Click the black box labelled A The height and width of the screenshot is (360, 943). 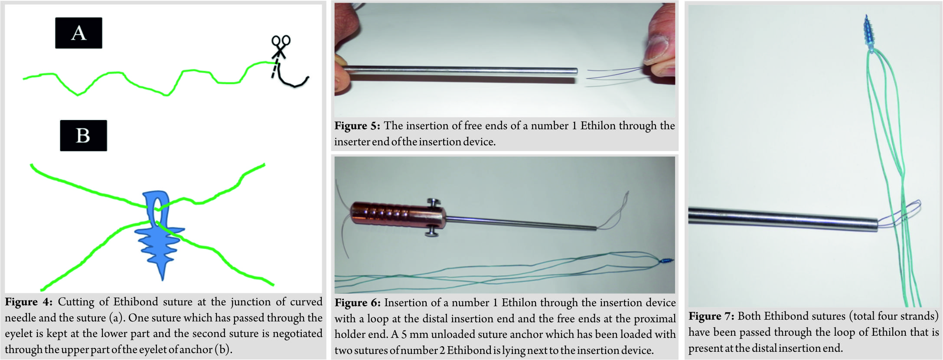pyautogui.click(x=78, y=33)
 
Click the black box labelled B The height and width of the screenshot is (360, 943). pyautogui.click(x=83, y=135)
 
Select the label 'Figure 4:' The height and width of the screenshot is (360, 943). pyautogui.click(x=29, y=302)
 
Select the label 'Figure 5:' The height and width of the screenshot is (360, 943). pyautogui.click(x=357, y=126)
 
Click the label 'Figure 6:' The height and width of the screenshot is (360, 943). pyautogui.click(x=358, y=303)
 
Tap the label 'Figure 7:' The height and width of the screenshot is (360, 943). pyautogui.click(x=711, y=316)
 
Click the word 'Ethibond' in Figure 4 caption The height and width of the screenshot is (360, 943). pyautogui.click(x=136, y=302)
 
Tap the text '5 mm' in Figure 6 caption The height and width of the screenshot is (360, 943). pyautogui.click(x=417, y=334)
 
